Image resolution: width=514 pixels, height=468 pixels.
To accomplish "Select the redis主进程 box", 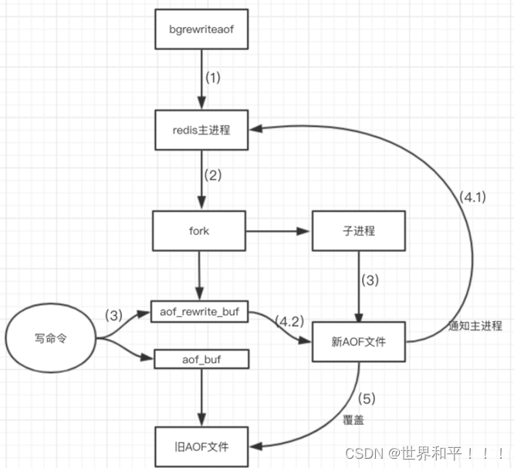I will click(201, 131).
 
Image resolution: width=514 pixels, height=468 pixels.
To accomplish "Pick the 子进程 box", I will click(358, 231).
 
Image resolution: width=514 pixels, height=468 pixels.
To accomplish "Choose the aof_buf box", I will click(201, 358).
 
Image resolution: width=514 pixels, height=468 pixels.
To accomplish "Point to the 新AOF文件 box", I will click(358, 341).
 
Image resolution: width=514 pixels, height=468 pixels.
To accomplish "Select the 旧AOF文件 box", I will click(201, 446).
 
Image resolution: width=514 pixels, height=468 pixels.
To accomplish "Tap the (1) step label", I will click(212, 78).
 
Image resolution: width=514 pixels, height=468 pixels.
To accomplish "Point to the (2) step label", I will click(212, 175).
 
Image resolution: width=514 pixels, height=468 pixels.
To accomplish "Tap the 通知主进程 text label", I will click(475, 327).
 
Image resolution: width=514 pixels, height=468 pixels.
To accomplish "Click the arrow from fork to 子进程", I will click(278, 230).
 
